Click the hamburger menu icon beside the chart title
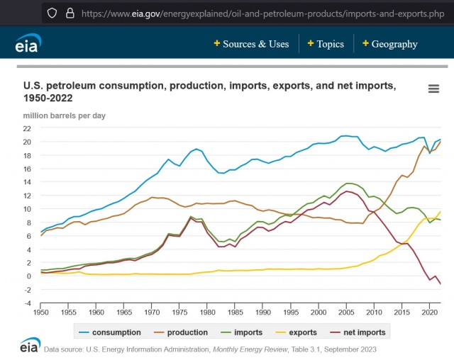tap(433, 89)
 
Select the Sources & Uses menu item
tap(251, 44)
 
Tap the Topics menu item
tap(326, 44)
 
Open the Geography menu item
tap(390, 44)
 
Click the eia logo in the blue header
tap(28, 43)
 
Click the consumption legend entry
tap(110, 332)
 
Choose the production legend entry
tap(181, 332)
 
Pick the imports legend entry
tap(241, 332)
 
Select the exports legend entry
tap(296, 332)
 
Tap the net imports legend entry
tap(358, 332)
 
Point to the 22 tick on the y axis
tap(27, 128)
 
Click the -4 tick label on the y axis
tap(28, 303)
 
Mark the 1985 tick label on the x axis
tap(236, 313)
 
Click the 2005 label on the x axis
tap(346, 313)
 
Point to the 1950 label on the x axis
tap(41, 313)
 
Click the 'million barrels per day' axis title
tap(65, 116)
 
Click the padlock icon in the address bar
tap(70, 13)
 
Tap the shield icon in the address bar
tap(52, 13)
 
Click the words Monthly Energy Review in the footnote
tap(250, 349)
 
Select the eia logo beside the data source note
tap(30, 344)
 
